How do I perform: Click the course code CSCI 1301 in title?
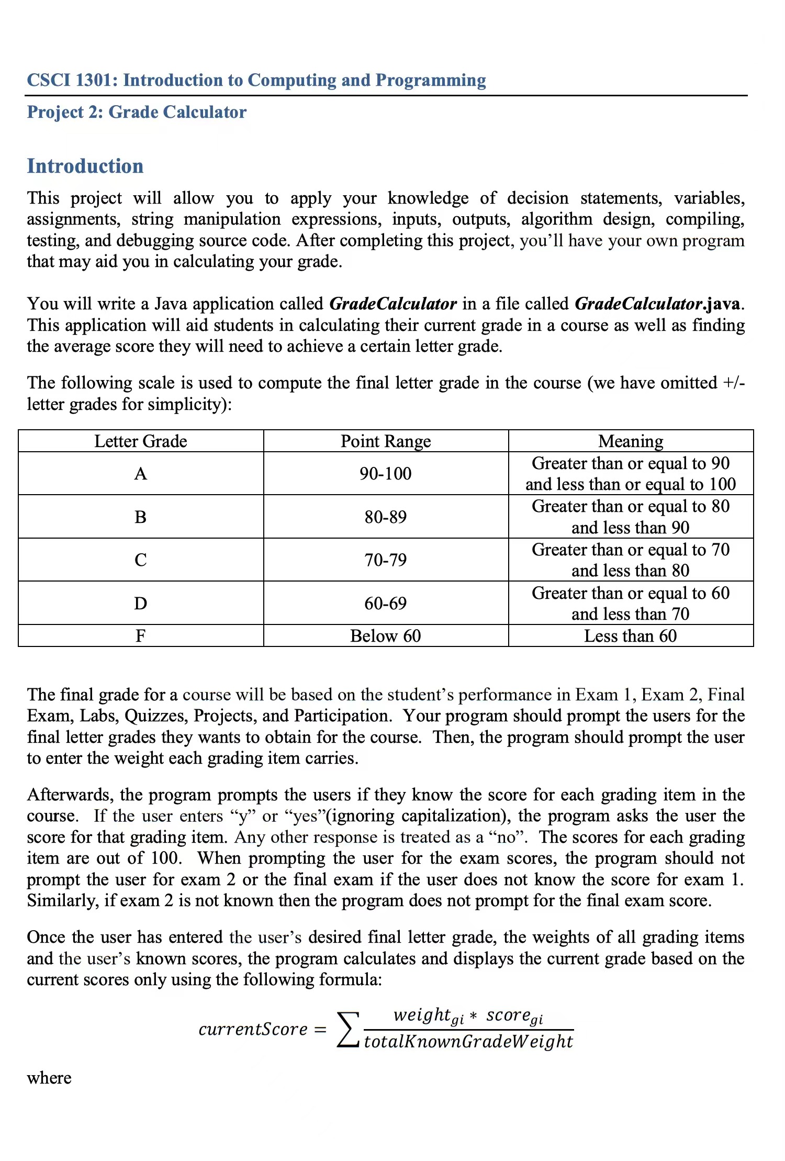tap(72, 80)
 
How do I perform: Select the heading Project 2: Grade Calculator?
tap(137, 112)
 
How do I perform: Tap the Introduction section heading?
tap(85, 166)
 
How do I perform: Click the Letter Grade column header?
tap(140, 441)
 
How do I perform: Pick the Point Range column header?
tap(386, 441)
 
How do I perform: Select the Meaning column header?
tap(631, 441)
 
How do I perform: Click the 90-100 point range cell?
tap(386, 474)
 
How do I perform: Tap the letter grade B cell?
tap(140, 517)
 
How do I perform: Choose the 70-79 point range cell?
tap(386, 560)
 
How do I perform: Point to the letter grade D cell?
tap(140, 604)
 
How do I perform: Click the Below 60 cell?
tap(386, 636)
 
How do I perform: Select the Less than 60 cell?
tap(631, 636)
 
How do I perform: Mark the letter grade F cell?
tap(140, 636)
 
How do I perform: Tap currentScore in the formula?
tap(253, 1030)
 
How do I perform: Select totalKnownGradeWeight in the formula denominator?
tap(468, 1042)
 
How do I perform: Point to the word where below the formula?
tap(49, 1078)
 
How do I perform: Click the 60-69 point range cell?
tap(386, 604)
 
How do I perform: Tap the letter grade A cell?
tap(140, 474)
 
